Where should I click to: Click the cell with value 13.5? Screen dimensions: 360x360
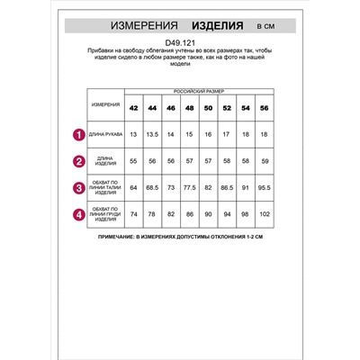tap(152, 135)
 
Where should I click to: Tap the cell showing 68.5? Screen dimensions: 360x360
tap(152, 189)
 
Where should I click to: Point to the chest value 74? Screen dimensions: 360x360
tap(133, 216)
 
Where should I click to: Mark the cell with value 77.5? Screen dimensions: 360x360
tap(190, 189)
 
